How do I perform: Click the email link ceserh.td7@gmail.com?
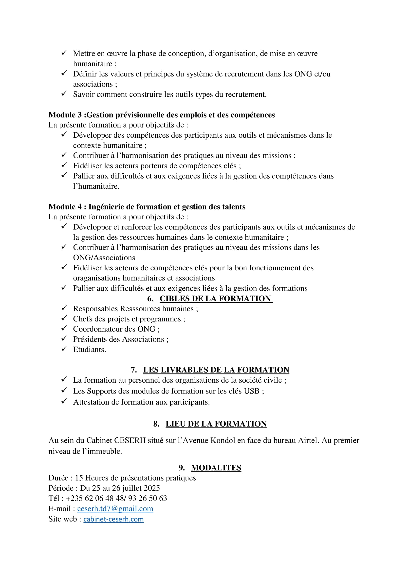click(115, 509)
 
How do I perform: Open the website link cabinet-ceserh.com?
click(113, 519)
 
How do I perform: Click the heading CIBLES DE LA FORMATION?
click(216, 298)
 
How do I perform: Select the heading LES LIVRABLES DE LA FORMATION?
click(216, 370)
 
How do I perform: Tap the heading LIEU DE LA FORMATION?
click(216, 424)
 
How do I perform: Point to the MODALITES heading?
click(216, 468)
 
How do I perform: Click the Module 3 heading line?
click(162, 115)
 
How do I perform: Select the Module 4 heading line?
click(147, 206)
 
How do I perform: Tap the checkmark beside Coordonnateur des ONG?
click(64, 328)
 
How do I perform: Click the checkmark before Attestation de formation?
click(64, 401)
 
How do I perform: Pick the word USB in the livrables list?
click(252, 391)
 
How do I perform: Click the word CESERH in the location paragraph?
click(130, 441)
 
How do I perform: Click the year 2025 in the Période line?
click(151, 488)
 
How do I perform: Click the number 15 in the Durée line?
click(79, 478)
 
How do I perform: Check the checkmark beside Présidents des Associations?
click(64, 338)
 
